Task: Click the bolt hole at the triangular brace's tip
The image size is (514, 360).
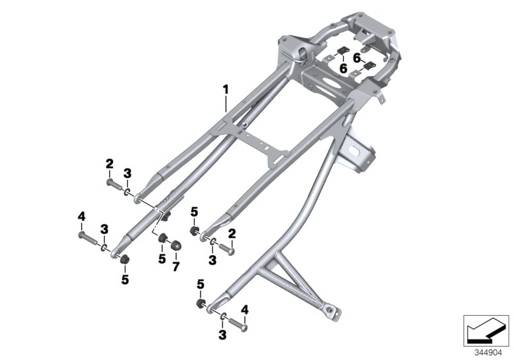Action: click(x=333, y=313)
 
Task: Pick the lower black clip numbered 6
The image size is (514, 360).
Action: click(x=369, y=66)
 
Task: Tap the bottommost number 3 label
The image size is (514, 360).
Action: click(x=222, y=335)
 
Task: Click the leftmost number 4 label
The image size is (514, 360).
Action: click(x=82, y=217)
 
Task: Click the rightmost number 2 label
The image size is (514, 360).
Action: click(x=232, y=232)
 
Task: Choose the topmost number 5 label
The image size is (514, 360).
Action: click(x=194, y=211)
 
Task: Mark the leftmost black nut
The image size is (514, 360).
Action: click(x=126, y=258)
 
